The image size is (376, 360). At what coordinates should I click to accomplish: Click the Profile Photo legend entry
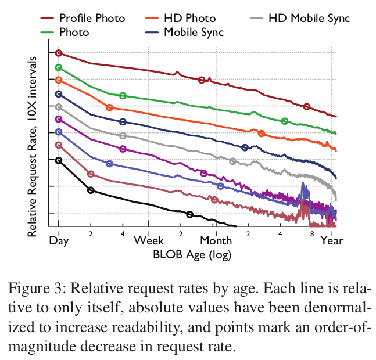92,19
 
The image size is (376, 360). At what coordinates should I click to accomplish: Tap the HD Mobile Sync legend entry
308,19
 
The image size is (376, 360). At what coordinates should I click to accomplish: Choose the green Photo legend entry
74,32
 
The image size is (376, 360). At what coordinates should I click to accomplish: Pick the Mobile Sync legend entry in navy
194,32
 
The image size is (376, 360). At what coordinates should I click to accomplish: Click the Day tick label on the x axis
56,240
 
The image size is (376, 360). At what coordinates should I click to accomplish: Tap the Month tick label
216,240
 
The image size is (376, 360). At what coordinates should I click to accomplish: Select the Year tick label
332,240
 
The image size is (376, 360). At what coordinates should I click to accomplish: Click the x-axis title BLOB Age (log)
192,254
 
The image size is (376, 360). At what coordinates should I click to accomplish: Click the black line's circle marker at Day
58,160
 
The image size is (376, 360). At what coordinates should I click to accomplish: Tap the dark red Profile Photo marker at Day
58,53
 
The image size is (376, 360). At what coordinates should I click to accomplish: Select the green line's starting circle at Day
58,67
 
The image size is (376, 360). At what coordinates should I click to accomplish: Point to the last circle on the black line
189,215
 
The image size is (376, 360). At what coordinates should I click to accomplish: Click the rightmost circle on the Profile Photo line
306,107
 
